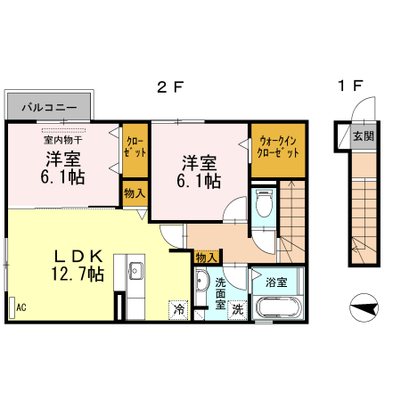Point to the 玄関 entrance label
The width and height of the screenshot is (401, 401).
(x=363, y=136)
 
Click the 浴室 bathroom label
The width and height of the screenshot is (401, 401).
(x=276, y=282)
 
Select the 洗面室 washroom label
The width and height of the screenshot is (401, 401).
(x=222, y=292)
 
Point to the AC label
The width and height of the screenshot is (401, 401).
(x=20, y=307)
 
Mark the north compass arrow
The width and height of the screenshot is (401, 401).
(x=363, y=308)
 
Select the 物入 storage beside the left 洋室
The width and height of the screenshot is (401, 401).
(x=135, y=192)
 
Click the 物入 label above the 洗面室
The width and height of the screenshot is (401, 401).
(x=205, y=257)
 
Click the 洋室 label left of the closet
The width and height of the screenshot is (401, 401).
(x=64, y=168)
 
